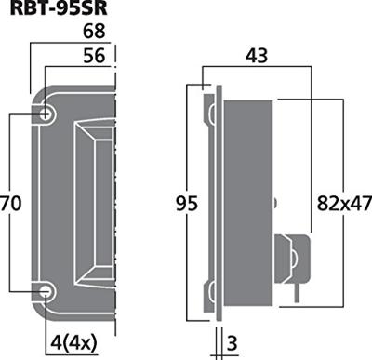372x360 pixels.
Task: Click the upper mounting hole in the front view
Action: tap(45, 113)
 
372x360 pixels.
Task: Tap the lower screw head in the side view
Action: tap(214, 294)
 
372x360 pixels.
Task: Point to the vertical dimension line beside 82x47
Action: tap(310, 149)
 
